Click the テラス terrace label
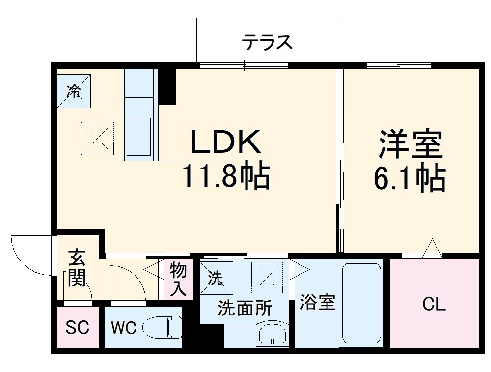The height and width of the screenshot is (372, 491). click(267, 43)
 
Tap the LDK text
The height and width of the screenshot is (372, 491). click(225, 143)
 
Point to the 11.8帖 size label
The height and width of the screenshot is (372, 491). click(225, 176)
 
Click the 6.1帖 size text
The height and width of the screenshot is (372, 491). click(410, 179)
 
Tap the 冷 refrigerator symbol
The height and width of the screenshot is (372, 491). click(74, 90)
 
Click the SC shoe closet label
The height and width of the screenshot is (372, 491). click(78, 328)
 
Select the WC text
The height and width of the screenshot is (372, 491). click(123, 328)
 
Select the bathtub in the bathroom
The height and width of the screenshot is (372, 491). click(361, 303)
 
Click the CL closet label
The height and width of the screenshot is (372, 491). click(434, 305)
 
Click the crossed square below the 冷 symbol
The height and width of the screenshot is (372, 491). click(97, 138)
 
